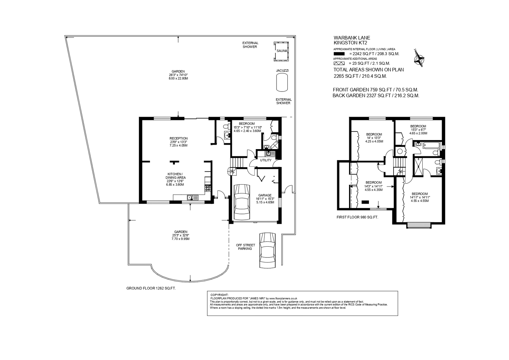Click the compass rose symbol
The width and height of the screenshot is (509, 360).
(x=419, y=58)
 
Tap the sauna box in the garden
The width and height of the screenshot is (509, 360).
(x=281, y=51)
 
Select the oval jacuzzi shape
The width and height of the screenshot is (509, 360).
(x=282, y=83)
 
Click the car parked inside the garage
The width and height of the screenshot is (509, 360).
(x=242, y=202)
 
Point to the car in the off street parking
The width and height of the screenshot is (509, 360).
(x=268, y=250)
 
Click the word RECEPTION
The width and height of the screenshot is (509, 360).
(x=178, y=138)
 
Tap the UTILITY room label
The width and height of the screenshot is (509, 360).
(x=266, y=160)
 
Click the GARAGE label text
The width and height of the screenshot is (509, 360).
(x=265, y=195)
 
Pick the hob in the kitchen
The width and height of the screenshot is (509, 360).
(x=208, y=188)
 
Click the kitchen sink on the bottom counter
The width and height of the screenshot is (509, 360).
(x=193, y=197)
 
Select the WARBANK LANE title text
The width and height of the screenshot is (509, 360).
(x=352, y=38)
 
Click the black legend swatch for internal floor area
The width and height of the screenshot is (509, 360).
(x=339, y=54)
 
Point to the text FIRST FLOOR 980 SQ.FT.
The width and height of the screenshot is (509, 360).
(x=357, y=217)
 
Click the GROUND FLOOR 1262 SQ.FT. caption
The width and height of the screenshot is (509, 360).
(x=151, y=288)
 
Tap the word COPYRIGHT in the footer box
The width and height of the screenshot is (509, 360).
(x=219, y=295)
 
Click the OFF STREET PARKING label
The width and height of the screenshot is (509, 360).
(x=245, y=247)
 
